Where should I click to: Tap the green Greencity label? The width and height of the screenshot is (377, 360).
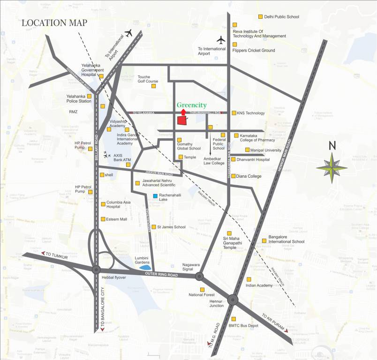coord(192,105)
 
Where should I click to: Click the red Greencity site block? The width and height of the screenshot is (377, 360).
coord(181,120)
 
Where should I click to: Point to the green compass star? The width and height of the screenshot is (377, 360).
coord(332,167)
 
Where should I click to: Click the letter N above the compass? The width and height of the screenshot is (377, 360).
coord(332,145)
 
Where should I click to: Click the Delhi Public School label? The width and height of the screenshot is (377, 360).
coord(281,17)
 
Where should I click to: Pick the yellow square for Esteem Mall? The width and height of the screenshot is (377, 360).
coord(103,219)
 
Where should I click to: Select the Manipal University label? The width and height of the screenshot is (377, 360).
coord(265,150)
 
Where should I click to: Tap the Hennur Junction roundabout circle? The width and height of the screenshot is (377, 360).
coord(233,300)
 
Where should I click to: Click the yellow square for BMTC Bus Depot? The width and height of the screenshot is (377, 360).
coord(233,319)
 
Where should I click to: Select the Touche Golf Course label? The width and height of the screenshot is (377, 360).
coord(147,78)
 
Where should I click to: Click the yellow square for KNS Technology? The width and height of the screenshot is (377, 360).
coord(234,113)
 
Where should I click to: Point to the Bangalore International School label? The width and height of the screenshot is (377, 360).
coord(286,239)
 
